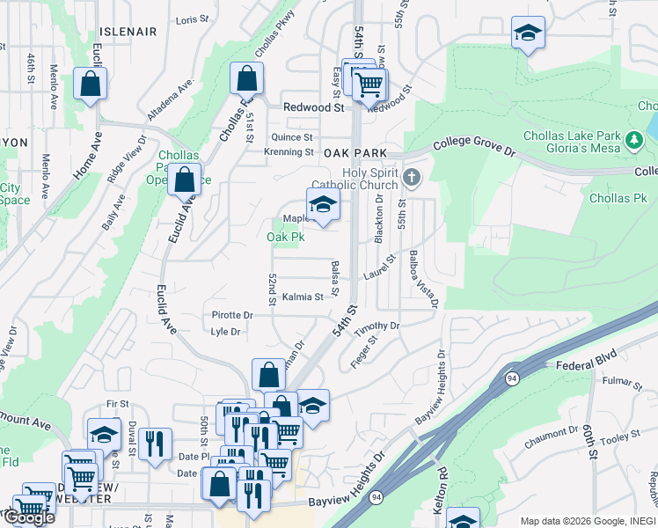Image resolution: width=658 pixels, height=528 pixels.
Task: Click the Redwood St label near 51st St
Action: [x=313, y=107]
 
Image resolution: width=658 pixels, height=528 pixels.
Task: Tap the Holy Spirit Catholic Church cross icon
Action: [x=411, y=179]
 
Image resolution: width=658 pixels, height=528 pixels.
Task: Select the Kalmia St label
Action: [x=303, y=297]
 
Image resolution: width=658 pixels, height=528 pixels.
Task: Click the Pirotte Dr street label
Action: [x=232, y=315]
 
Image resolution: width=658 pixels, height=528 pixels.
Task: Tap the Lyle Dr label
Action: [x=226, y=332]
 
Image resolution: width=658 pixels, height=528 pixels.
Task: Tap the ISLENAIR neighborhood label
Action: [x=128, y=32]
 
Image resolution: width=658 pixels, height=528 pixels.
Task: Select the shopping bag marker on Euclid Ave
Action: [x=184, y=180]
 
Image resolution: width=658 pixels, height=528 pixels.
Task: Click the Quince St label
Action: [x=292, y=137]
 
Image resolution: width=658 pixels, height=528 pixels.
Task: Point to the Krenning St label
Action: [x=289, y=151]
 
